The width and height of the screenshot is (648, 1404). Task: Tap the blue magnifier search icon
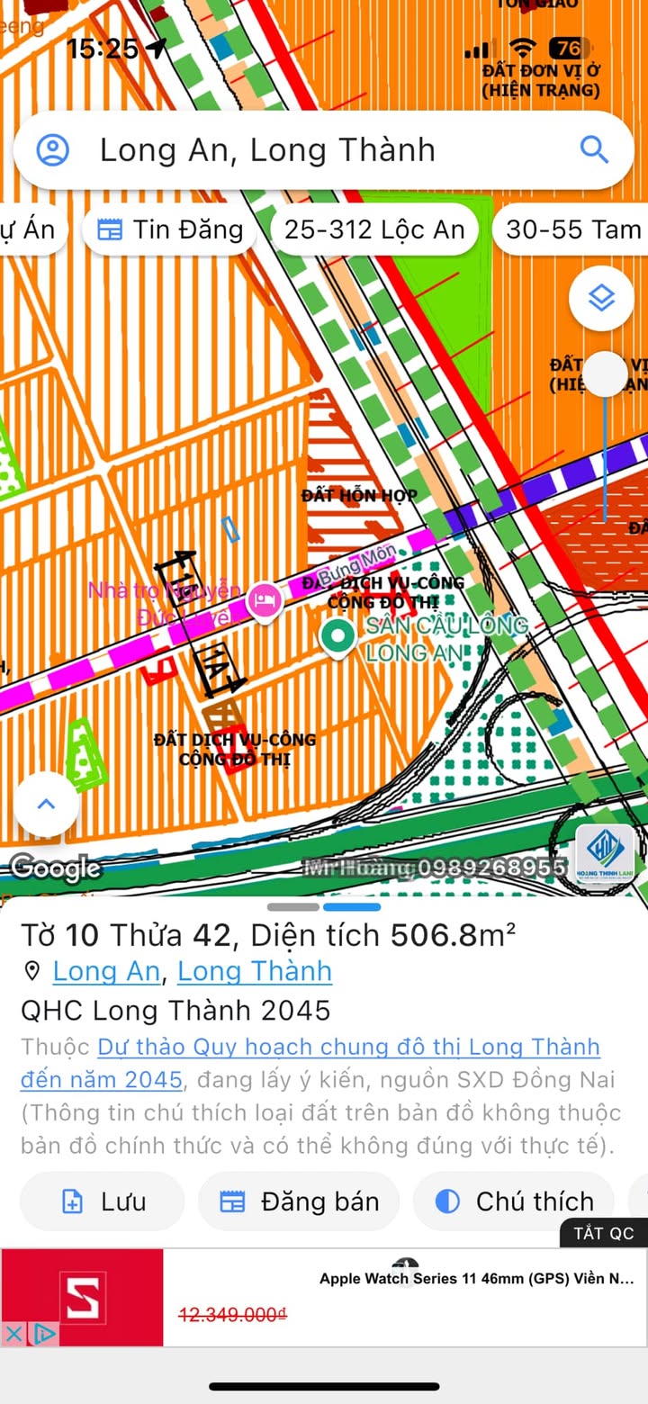point(594,149)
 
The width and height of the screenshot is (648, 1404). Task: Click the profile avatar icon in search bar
point(53,149)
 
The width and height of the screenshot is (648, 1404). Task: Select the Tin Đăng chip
point(169,229)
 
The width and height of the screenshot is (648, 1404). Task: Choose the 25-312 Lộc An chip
point(374,229)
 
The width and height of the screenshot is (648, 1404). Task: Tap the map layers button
point(601,298)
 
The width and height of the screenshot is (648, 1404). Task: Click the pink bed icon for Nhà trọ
point(264,598)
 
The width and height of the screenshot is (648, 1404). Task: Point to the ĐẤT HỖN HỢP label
point(359,496)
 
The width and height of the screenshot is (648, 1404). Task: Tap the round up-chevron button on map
point(46,804)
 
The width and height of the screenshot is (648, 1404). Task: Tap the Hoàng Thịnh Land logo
point(605,855)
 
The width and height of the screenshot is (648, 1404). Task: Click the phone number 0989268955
point(491,868)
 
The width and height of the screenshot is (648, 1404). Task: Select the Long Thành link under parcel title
point(255,971)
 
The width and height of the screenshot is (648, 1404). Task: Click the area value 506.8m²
point(453,936)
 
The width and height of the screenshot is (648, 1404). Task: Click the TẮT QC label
point(604,1233)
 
